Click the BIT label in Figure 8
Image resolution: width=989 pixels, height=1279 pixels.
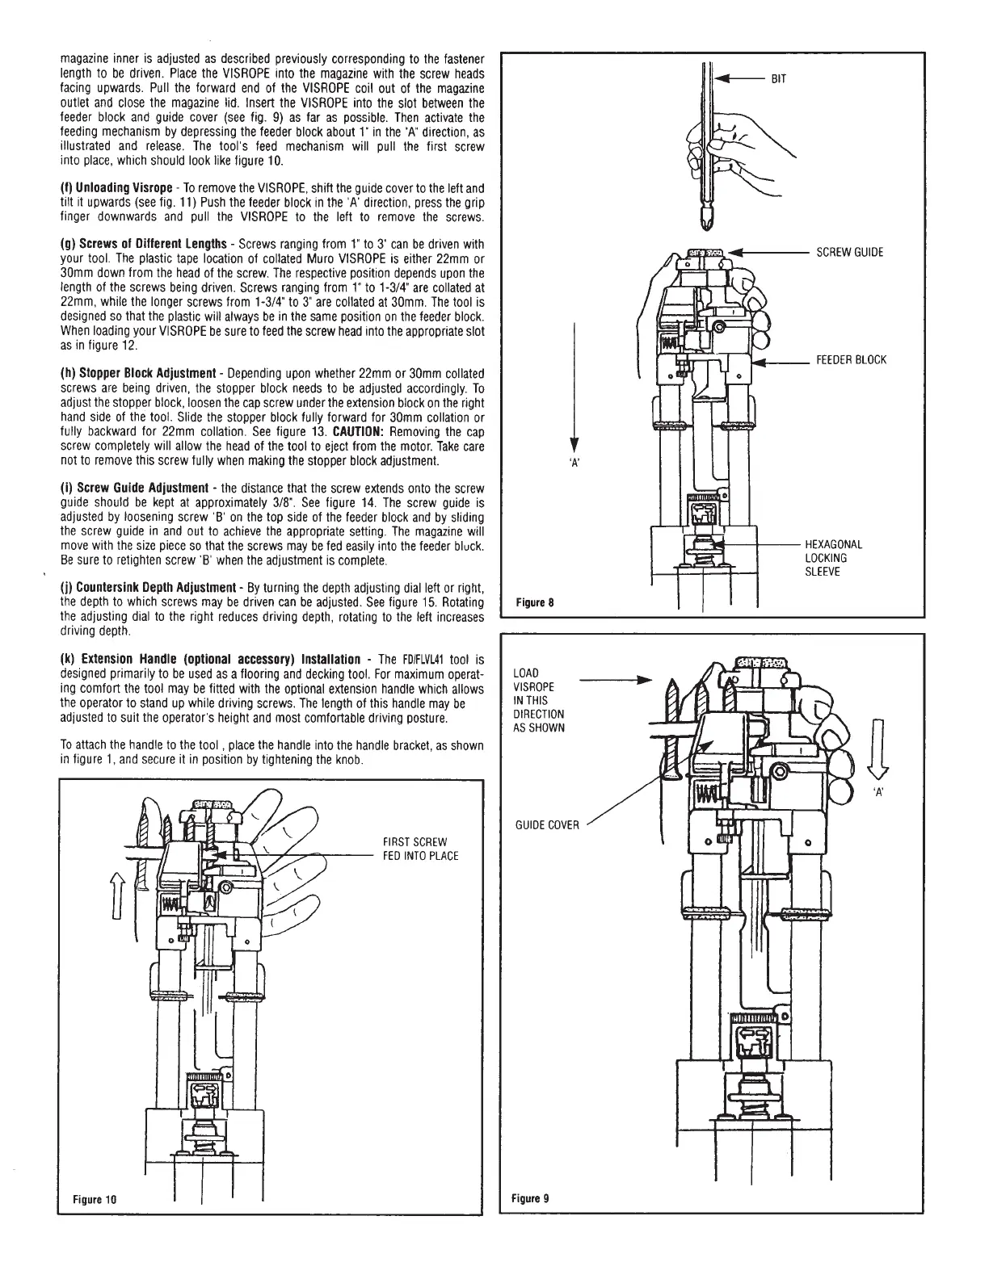pyautogui.click(x=778, y=79)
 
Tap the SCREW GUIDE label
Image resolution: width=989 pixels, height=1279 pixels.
pyautogui.click(x=849, y=253)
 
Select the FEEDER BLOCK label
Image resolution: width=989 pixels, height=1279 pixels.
pyautogui.click(x=851, y=360)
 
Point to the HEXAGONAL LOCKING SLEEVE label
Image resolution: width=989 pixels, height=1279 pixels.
pyautogui.click(x=833, y=558)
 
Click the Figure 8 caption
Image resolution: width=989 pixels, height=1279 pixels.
pyautogui.click(x=534, y=602)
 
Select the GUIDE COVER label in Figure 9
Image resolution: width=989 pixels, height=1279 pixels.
pyautogui.click(x=547, y=824)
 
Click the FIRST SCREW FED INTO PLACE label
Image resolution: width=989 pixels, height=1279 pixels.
pyautogui.click(x=420, y=849)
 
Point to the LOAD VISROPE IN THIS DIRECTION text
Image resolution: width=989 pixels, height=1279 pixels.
pyautogui.click(x=539, y=700)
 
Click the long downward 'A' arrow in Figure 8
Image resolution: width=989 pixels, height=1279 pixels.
pyautogui.click(x=573, y=388)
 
